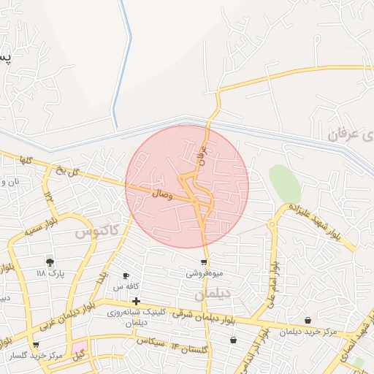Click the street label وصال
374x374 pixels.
[x=161, y=194]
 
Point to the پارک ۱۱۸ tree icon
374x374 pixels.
[x=50, y=262]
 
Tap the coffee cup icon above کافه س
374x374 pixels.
[x=126, y=275]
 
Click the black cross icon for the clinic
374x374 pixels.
[x=136, y=300]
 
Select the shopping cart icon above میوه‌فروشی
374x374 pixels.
[x=203, y=262]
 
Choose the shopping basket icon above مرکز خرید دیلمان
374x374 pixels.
[x=308, y=321]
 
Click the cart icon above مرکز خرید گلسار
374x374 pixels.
[x=35, y=344]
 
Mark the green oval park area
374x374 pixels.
[x=284, y=183]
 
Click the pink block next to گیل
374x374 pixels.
[x=79, y=346]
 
